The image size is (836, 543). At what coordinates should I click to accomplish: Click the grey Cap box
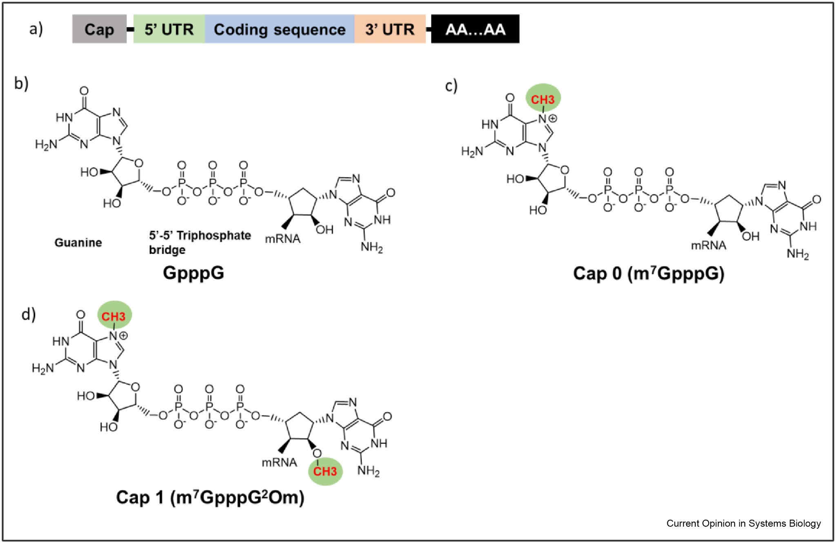[99, 29]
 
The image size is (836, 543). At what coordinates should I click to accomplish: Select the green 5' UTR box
[169, 29]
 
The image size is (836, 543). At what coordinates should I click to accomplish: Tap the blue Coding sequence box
[280, 29]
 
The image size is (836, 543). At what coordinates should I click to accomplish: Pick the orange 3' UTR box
[390, 29]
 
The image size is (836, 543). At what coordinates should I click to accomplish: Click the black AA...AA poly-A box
[475, 29]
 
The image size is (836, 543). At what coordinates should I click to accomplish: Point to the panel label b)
[21, 83]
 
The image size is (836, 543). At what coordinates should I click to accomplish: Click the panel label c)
[451, 86]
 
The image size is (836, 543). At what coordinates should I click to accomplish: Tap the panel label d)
[29, 314]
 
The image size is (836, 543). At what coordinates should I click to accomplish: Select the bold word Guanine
[78, 243]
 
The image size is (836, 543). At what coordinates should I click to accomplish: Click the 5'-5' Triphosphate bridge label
[200, 242]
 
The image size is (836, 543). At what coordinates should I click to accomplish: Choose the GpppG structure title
[193, 272]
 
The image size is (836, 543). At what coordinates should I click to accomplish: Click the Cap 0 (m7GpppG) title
[649, 274]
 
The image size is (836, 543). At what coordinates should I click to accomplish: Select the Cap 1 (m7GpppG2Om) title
[210, 497]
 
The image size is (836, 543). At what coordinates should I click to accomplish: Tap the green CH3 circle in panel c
[543, 98]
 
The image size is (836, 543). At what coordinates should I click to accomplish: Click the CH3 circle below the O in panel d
[325, 472]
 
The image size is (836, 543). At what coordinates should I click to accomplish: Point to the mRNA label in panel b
[282, 239]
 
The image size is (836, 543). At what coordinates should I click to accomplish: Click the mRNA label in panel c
[709, 245]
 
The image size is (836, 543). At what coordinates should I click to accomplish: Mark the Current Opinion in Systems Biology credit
[743, 523]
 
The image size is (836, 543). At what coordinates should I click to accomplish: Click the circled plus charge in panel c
[553, 118]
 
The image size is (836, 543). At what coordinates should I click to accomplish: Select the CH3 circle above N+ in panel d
[114, 316]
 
